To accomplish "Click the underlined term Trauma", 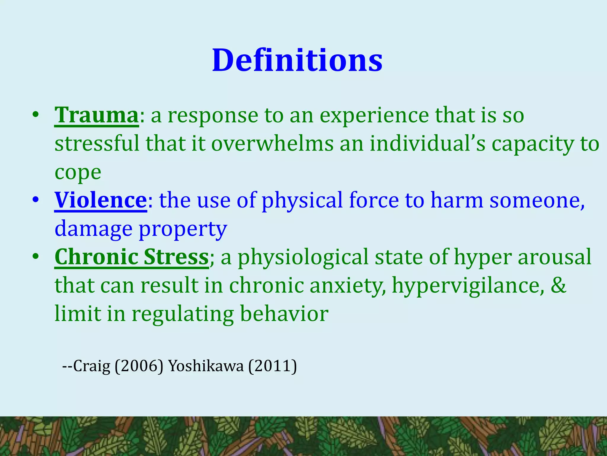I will tap(96, 115).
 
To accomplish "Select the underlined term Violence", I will tap(100, 200).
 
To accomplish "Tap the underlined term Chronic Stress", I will tap(132, 257).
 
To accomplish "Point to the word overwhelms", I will tap(272, 144).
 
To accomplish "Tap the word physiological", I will tap(303, 257).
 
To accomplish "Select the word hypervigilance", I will tap(468, 286).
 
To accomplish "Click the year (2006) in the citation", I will tap(139, 366).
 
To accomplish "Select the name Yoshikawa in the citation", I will tap(206, 366).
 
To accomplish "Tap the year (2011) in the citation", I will tap(272, 366).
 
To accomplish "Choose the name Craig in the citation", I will tap(92, 366).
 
